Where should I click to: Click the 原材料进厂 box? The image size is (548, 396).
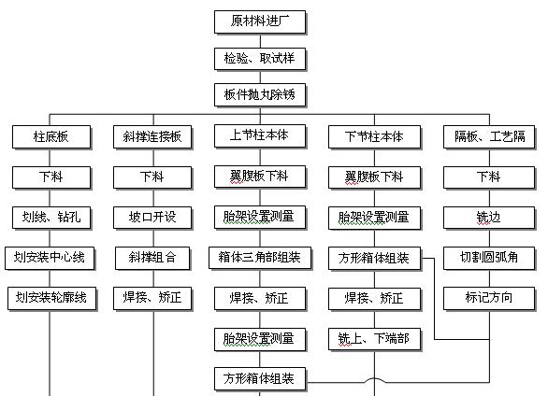click(260, 22)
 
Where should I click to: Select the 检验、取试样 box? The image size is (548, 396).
click(260, 59)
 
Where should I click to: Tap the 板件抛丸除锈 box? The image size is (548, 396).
click(260, 95)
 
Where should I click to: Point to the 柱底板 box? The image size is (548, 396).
click(51, 137)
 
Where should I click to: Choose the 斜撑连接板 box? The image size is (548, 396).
click(152, 137)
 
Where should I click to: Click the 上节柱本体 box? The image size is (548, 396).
click(260, 136)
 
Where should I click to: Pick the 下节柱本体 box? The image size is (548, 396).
click(374, 137)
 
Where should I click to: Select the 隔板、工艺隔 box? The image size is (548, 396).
click(489, 137)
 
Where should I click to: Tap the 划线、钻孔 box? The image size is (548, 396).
click(51, 218)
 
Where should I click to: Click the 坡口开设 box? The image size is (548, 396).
click(152, 218)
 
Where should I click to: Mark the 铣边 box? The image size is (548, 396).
click(489, 218)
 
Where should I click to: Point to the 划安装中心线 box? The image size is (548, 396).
click(50, 258)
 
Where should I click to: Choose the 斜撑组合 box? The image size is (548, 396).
click(152, 258)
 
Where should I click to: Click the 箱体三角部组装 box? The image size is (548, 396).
click(260, 258)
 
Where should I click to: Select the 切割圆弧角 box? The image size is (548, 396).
click(489, 258)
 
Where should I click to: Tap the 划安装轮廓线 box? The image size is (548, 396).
click(51, 299)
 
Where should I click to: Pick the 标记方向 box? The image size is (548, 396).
click(489, 299)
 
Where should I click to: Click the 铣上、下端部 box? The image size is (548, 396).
click(374, 339)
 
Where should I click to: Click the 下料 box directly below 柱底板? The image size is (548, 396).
click(51, 177)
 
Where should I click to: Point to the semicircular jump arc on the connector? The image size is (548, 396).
click(374, 378)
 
